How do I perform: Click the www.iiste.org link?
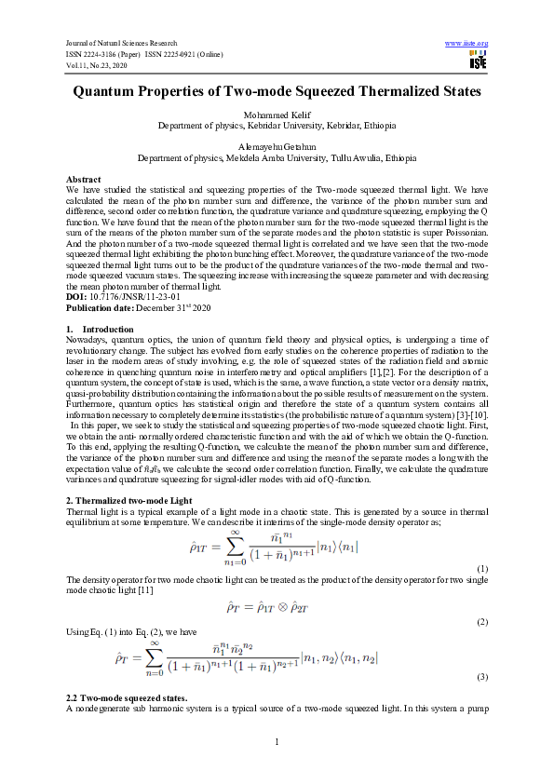tap(467, 43)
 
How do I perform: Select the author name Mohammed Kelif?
tap(277, 115)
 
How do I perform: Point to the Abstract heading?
tap(84, 178)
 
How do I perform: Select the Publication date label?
tap(100, 307)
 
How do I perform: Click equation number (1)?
tap(481, 568)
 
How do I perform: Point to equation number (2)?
tap(481, 621)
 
